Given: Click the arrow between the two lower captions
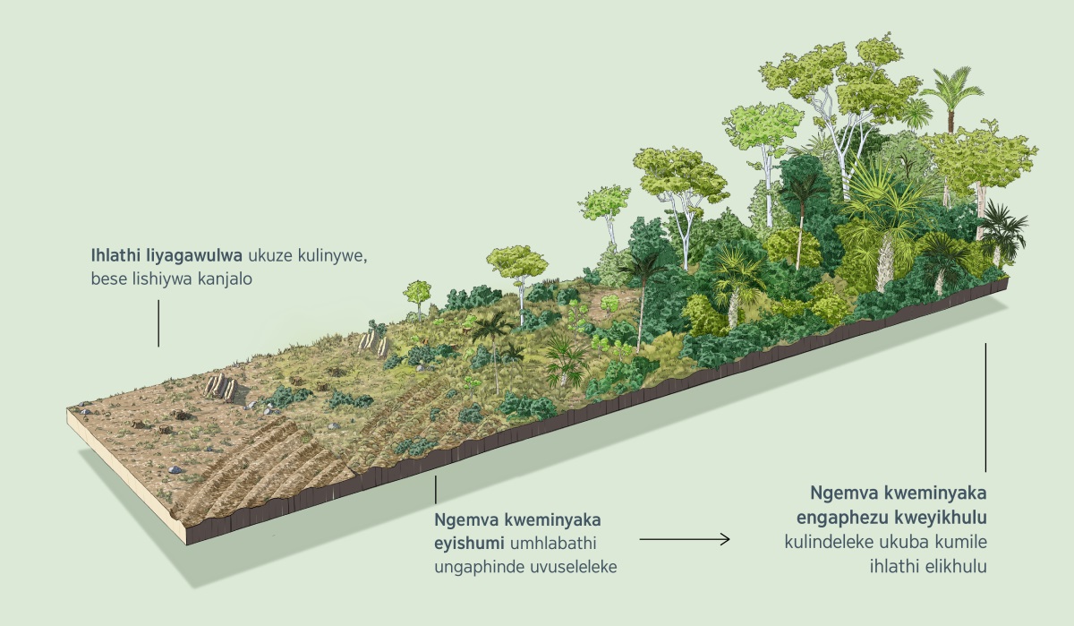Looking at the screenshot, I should (x=685, y=539).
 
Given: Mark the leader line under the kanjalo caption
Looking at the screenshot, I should (x=158, y=322).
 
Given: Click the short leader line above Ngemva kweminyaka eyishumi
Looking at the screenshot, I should (x=436, y=489).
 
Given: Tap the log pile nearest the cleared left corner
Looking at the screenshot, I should (x=219, y=387).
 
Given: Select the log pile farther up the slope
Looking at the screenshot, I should (x=371, y=339).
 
